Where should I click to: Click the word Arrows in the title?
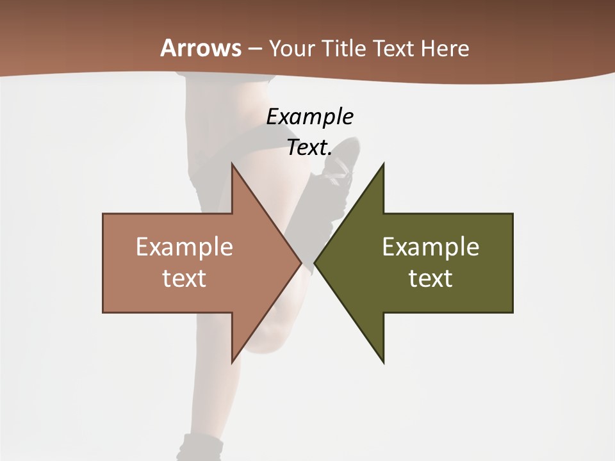pyautogui.click(x=201, y=49)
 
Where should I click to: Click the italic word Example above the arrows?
pyautogui.click(x=309, y=117)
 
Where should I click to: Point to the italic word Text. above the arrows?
pyautogui.click(x=309, y=147)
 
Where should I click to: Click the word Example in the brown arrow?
pyautogui.click(x=184, y=247)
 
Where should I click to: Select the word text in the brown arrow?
pyautogui.click(x=184, y=278)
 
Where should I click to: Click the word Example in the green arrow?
pyautogui.click(x=430, y=247)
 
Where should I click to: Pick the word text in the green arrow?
pyautogui.click(x=430, y=278)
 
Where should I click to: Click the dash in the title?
pyautogui.click(x=254, y=49)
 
